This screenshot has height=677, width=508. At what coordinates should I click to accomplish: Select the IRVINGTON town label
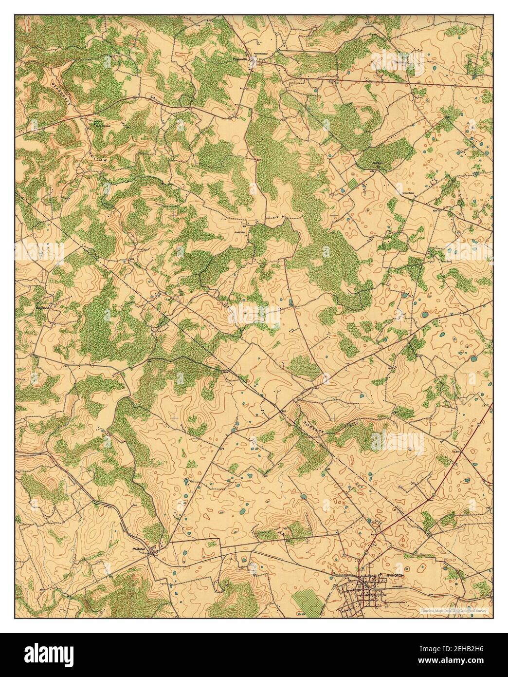click(x=394, y=575)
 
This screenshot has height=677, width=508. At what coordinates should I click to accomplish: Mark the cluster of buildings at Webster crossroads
click(x=155, y=552)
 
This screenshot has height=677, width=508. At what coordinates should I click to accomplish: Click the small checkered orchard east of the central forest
click(x=352, y=186)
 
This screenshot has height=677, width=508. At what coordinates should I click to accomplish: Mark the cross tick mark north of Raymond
click(x=174, y=214)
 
